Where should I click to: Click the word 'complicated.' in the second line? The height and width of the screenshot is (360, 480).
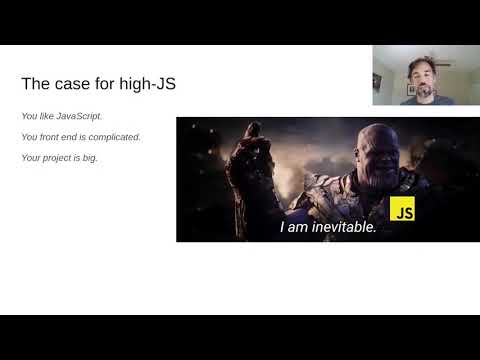(x=114, y=137)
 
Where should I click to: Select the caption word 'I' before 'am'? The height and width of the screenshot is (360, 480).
(x=283, y=227)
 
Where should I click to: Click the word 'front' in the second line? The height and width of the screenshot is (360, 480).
(x=50, y=137)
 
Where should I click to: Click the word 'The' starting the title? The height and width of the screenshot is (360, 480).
(x=35, y=84)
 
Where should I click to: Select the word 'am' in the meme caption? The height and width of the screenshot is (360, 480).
(x=299, y=227)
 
